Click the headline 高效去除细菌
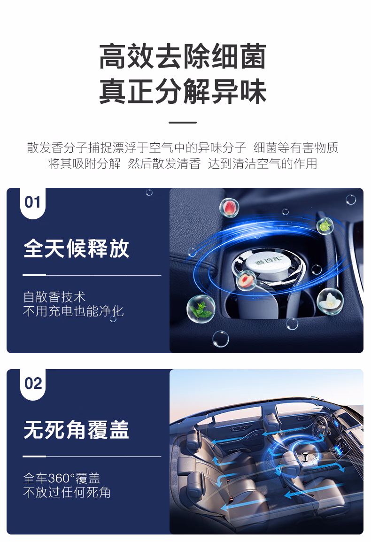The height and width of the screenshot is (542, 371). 183,56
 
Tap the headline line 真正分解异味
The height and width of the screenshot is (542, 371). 183,91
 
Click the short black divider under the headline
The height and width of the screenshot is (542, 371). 183,123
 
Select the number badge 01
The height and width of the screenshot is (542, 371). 33,202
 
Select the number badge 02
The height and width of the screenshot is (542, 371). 33,384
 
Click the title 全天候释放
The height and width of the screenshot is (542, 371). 77,248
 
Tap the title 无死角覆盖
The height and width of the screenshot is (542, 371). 77,430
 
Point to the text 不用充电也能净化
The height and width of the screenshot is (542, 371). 73,311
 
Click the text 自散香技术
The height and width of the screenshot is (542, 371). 54,297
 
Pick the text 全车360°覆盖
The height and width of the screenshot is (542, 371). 62,479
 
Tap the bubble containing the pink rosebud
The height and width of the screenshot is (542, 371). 229,208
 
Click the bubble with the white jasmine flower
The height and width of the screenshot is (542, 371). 330,301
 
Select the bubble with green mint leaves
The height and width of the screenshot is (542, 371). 201,309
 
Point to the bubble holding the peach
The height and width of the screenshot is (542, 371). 246,280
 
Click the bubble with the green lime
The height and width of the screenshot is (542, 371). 325,226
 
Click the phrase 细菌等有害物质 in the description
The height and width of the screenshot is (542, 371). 296,147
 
